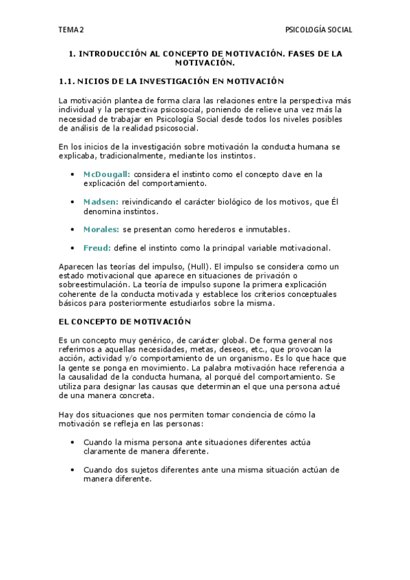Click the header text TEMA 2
point(71,30)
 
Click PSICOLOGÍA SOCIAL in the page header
point(318,30)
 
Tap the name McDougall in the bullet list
point(106,174)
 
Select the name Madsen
point(101,202)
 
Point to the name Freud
point(97,248)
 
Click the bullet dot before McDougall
point(73,174)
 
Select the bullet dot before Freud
point(73,248)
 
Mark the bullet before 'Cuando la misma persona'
point(73,442)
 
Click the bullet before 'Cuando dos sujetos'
point(73,470)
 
